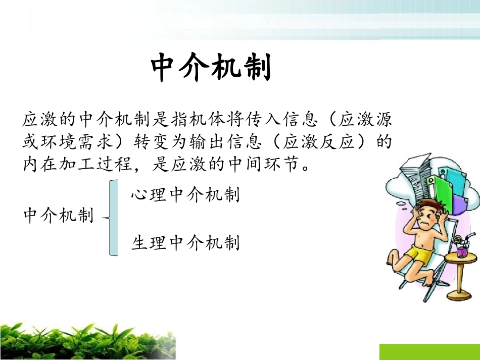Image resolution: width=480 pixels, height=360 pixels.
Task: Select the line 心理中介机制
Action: click(185, 195)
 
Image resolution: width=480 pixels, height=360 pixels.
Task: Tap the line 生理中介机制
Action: click(185, 243)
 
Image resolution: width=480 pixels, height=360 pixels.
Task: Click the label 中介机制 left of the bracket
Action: click(59, 216)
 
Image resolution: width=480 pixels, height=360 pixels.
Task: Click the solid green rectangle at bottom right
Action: click(429, 352)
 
